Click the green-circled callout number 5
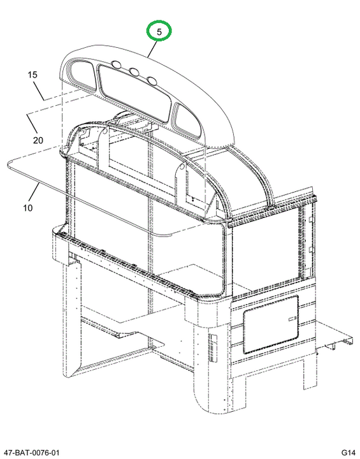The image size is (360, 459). click(x=159, y=32)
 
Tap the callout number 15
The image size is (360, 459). click(x=32, y=75)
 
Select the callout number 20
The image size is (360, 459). click(x=38, y=140)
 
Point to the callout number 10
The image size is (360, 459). click(x=27, y=208)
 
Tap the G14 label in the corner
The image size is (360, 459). click(x=348, y=452)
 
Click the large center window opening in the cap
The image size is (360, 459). click(x=134, y=92)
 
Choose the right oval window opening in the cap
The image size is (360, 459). click(x=187, y=120)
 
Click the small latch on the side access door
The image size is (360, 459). click(x=292, y=319)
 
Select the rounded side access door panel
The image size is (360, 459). click(x=271, y=324)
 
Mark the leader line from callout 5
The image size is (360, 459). click(x=153, y=49)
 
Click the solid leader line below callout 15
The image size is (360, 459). click(x=40, y=91)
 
